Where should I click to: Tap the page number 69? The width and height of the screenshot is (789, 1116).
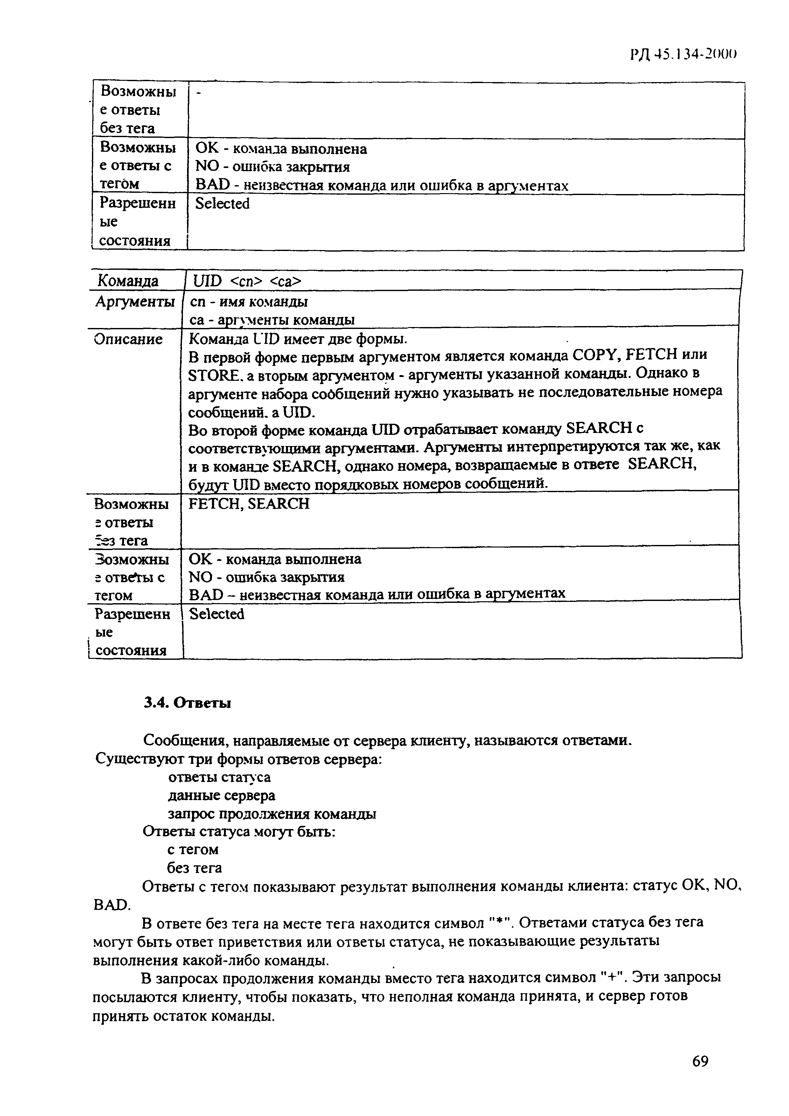tap(700, 1061)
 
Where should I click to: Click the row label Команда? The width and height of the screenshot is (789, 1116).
tap(128, 281)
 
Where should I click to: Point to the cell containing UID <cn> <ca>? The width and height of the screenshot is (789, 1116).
tap(247, 281)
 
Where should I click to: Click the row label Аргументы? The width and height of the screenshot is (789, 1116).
tap(135, 302)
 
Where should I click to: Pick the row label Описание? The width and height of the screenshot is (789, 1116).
tap(128, 339)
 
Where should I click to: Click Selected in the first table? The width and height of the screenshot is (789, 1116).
tap(222, 204)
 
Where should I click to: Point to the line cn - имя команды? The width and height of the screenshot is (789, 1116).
tap(248, 302)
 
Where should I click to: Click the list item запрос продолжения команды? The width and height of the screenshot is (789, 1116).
tap(272, 814)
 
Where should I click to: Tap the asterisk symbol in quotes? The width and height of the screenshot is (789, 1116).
tap(498, 922)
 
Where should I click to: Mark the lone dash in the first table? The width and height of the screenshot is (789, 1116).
tap(198, 93)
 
